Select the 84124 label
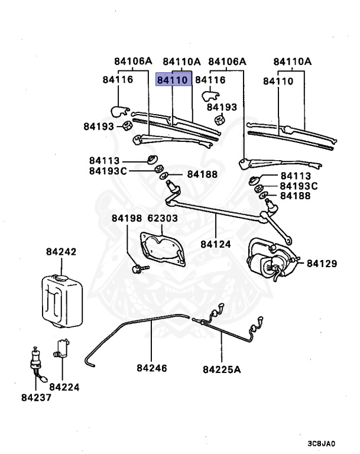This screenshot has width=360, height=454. [x=215, y=243]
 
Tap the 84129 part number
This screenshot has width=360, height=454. [x=320, y=263]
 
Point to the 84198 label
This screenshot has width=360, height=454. [x=127, y=219]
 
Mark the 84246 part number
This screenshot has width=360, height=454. [x=152, y=368]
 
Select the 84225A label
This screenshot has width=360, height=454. [x=222, y=370]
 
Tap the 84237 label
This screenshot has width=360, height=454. [x=37, y=397]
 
